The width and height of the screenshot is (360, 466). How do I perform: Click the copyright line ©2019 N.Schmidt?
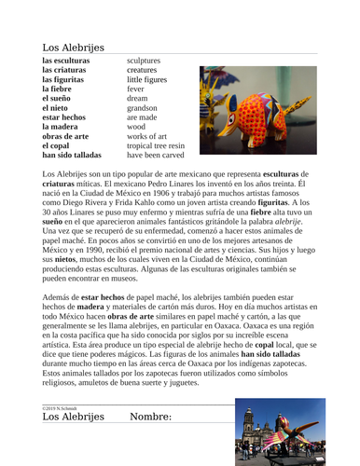click(62, 407)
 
